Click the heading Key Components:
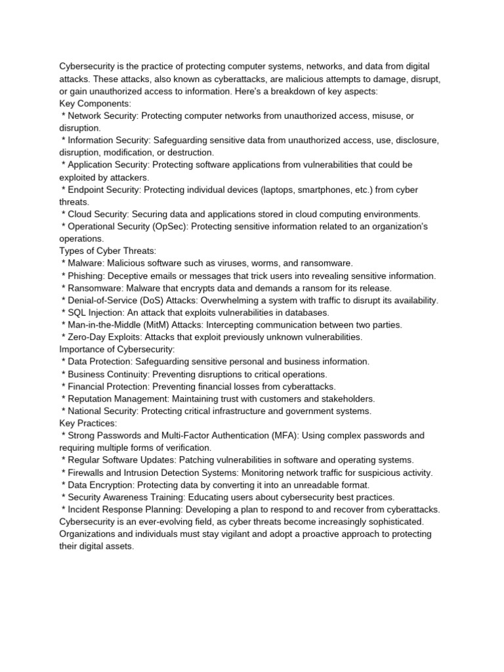96,104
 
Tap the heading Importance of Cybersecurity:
117,349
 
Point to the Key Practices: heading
88,423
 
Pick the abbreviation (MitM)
150,325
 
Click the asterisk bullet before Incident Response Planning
63,510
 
